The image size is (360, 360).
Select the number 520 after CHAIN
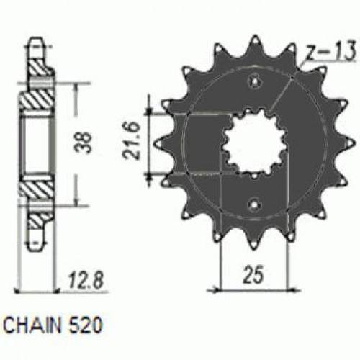coord(87,324)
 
